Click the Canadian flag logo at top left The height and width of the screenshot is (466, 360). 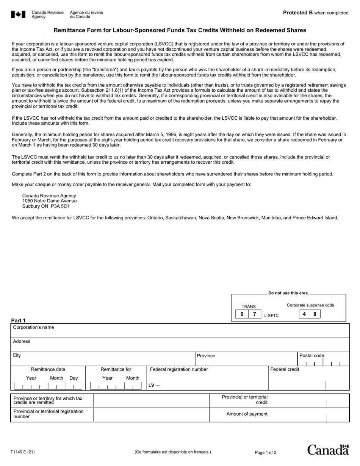point(18,15)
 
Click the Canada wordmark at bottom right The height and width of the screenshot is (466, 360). point(328,450)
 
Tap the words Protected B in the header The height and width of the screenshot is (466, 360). point(298,13)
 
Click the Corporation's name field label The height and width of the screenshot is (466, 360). point(33,327)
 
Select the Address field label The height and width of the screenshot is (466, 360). point(22,341)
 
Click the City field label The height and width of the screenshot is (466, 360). point(17,355)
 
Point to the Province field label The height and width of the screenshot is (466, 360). point(206,356)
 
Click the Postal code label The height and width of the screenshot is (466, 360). point(311,355)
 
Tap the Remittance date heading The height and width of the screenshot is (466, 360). point(48,369)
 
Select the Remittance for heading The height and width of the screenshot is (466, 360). point(116,369)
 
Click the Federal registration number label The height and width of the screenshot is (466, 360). point(179,369)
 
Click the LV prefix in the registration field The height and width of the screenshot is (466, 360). point(154,386)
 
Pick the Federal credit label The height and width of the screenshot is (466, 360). point(285,369)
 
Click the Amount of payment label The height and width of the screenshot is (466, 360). point(247,414)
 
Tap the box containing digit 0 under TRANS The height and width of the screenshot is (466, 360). point(242,314)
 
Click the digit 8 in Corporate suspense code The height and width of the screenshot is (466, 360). point(315,314)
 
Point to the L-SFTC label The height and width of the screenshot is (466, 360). point(271,316)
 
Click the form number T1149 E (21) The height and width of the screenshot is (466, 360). point(23,452)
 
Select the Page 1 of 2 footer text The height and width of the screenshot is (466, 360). point(265,452)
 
